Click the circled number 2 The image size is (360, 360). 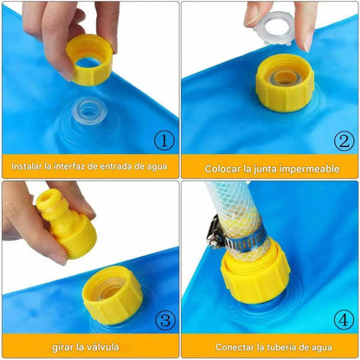(343, 139)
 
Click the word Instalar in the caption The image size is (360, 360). (30, 165)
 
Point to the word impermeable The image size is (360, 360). (307, 169)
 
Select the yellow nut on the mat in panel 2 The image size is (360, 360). (283, 81)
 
